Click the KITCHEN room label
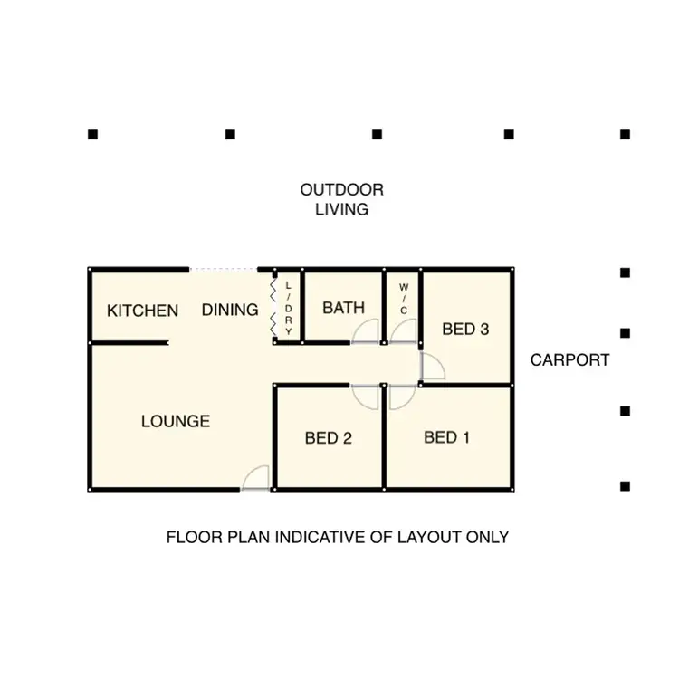pyautogui.click(x=143, y=311)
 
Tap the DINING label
pyautogui.click(x=230, y=311)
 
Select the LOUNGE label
pyautogui.click(x=176, y=421)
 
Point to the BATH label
pyautogui.click(x=344, y=308)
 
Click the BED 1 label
pyautogui.click(x=447, y=438)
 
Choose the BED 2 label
pyautogui.click(x=328, y=439)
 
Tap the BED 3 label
pyautogui.click(x=465, y=330)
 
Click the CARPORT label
pyautogui.click(x=570, y=359)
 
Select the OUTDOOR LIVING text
pyautogui.click(x=342, y=199)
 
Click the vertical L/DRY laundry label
pyautogui.click(x=289, y=309)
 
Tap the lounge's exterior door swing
pyautogui.click(x=256, y=478)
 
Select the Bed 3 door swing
pyautogui.click(x=432, y=366)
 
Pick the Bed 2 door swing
pyautogui.click(x=365, y=396)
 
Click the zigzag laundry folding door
pyautogui.click(x=272, y=307)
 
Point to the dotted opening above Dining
pyautogui.click(x=224, y=269)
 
